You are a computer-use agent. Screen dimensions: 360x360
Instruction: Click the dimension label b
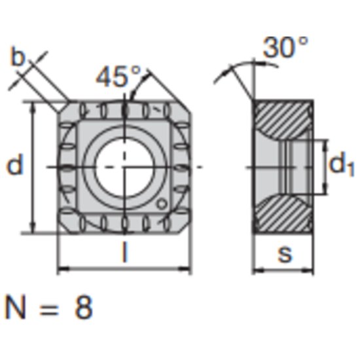(18, 58)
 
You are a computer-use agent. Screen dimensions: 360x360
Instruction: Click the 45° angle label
(119, 77)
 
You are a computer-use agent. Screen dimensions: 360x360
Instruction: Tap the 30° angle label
(285, 48)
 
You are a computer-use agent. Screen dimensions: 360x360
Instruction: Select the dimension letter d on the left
(15, 166)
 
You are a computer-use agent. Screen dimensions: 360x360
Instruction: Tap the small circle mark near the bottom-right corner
(160, 204)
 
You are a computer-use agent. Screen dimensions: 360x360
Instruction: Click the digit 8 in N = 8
(83, 308)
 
